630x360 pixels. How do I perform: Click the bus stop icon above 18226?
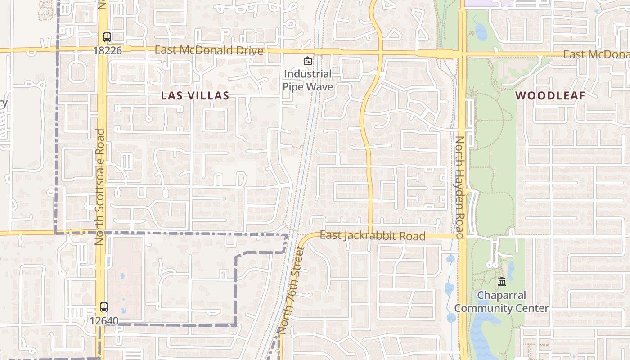click(107, 37)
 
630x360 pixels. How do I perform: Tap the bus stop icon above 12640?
click(104, 307)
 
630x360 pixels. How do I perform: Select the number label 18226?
click(108, 50)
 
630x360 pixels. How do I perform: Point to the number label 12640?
click(104, 321)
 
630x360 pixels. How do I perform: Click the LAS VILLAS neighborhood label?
click(195, 95)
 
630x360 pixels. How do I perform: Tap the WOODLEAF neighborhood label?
click(550, 95)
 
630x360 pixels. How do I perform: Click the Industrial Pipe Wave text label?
click(308, 80)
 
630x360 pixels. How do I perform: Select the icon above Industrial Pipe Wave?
click(307, 61)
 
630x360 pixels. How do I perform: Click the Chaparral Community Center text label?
click(501, 302)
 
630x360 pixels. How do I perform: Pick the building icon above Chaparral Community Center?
click(502, 282)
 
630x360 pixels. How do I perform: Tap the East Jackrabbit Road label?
click(372, 235)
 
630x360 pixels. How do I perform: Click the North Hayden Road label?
click(459, 187)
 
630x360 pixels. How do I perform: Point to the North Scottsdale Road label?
click(100, 187)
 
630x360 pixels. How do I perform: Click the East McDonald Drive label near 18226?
click(209, 50)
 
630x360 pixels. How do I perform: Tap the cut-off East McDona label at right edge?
click(596, 54)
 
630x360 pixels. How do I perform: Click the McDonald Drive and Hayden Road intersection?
click(462, 54)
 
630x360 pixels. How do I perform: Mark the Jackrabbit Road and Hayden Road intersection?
click(462, 235)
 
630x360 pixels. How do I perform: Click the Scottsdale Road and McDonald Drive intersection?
click(102, 49)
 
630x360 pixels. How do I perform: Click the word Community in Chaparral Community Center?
click(483, 308)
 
